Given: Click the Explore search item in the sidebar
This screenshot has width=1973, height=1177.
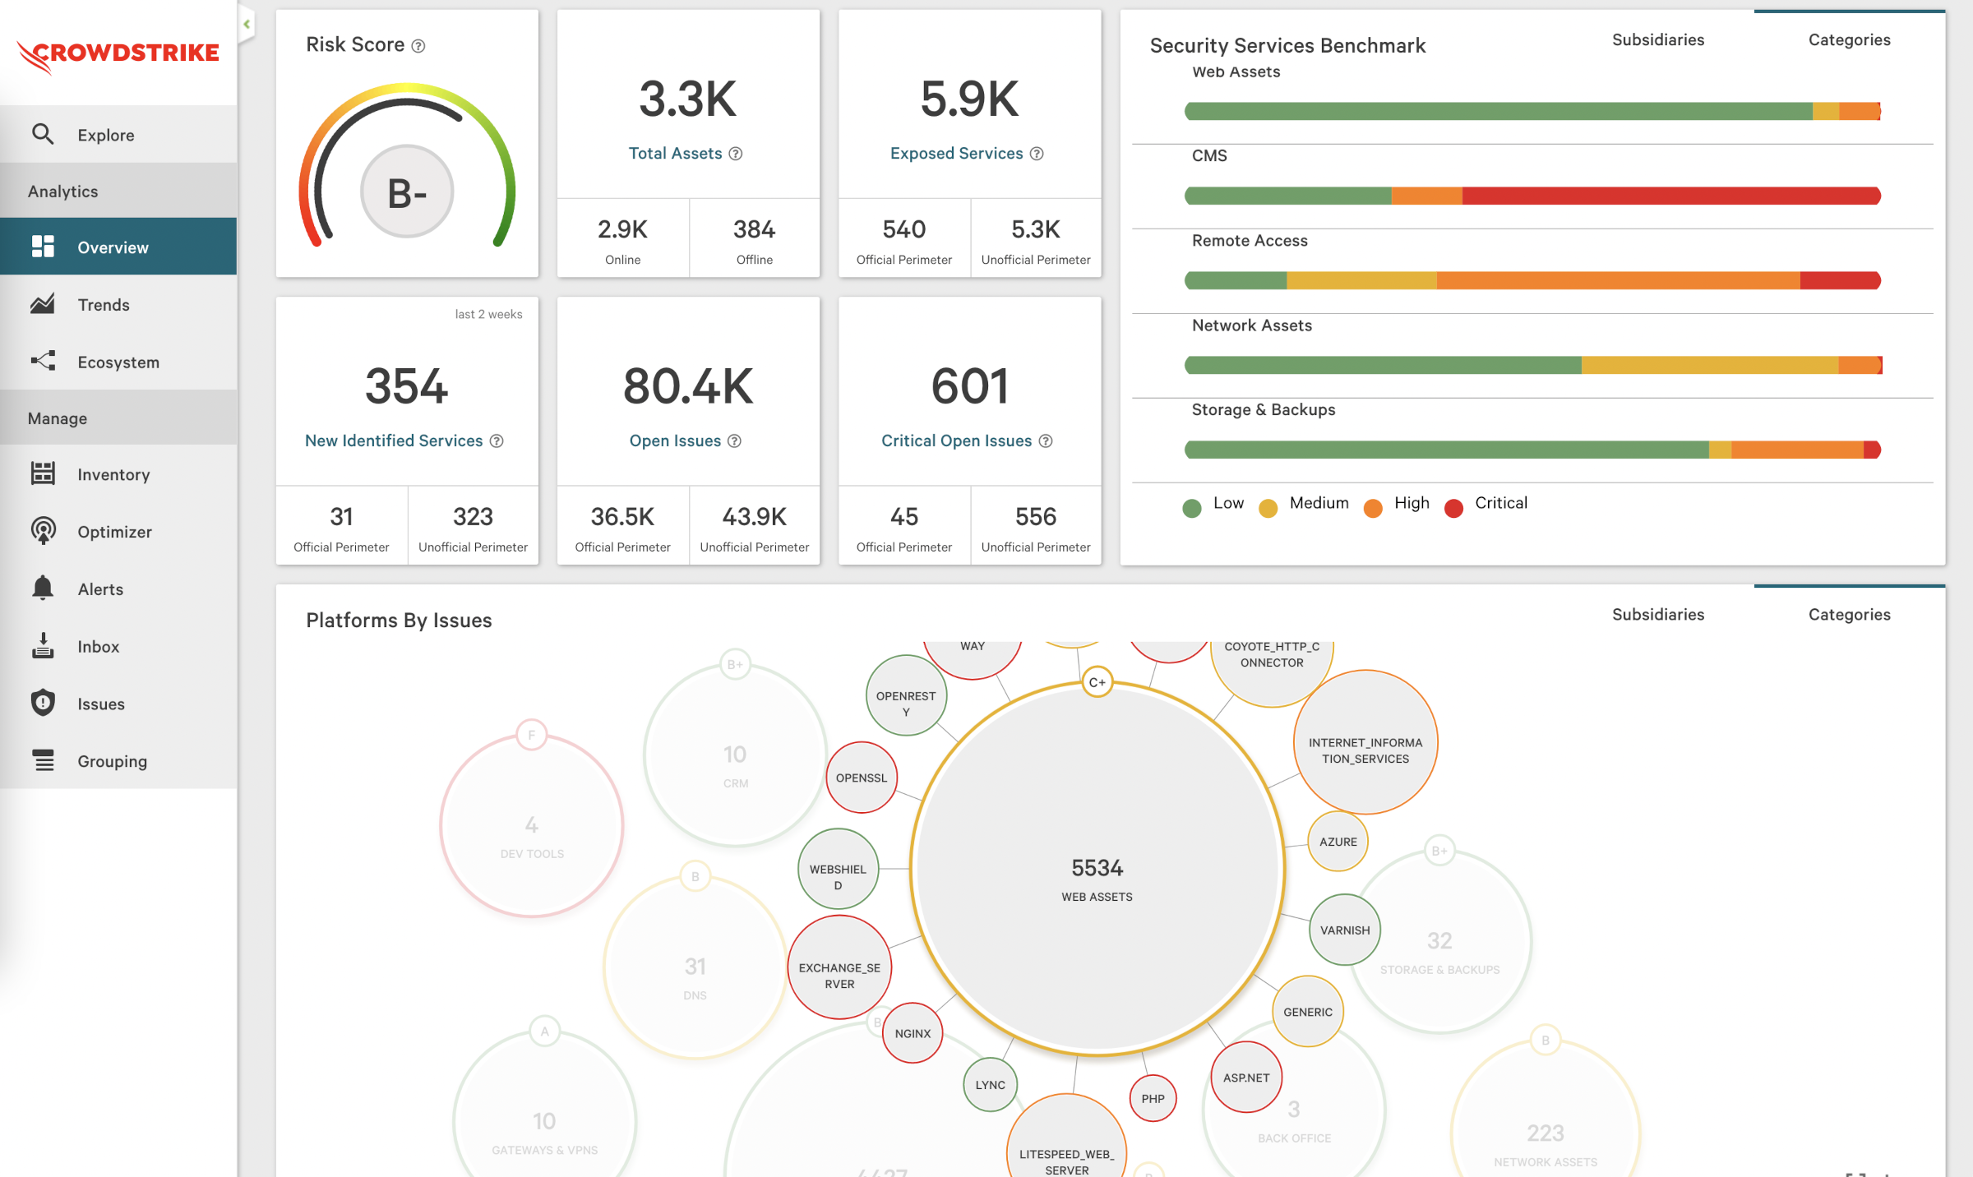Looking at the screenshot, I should [x=105, y=135].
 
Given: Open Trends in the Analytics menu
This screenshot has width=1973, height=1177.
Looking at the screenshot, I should [x=103, y=305].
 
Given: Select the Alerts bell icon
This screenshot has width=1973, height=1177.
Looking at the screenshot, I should [x=43, y=588].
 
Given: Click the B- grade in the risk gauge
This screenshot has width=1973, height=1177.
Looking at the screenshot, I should [x=407, y=192].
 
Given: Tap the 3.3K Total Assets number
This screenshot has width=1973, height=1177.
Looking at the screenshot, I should [x=687, y=99].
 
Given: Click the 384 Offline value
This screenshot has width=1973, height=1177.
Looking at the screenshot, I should [x=754, y=229].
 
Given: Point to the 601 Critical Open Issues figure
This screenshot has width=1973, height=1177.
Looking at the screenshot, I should [x=969, y=386].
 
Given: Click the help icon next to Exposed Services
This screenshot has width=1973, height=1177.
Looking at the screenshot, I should [x=1037, y=154].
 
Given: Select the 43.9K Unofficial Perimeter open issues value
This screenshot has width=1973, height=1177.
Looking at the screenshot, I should [x=754, y=517].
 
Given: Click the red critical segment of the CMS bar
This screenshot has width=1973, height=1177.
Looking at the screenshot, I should [x=1669, y=196].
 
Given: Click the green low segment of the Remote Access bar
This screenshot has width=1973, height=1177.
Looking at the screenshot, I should [x=1236, y=280].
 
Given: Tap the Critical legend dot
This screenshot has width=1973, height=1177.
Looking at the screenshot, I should [x=1453, y=508].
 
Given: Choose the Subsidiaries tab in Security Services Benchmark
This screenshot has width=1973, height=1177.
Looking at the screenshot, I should [x=1657, y=39].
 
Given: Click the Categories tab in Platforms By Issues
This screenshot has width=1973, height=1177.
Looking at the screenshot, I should [x=1849, y=615].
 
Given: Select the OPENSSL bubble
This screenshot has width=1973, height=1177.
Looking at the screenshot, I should [x=861, y=778].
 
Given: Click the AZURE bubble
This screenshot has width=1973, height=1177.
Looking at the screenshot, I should [x=1338, y=842].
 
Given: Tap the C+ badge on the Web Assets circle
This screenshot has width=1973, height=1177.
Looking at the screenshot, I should [x=1097, y=682].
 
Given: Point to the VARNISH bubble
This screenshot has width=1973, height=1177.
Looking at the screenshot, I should [x=1344, y=930].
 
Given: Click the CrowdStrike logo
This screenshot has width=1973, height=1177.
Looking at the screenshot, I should [x=118, y=54].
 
